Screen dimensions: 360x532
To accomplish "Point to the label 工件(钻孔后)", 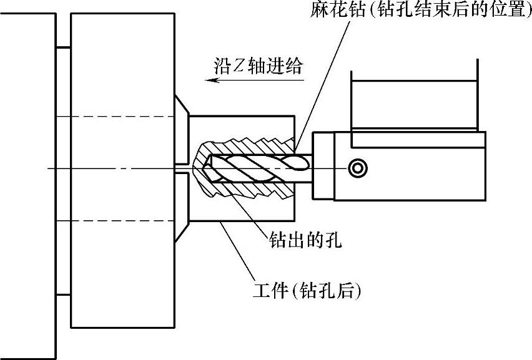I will pyautogui.click(x=308, y=290).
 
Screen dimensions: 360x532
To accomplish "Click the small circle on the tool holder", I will pyautogui.click(x=357, y=167).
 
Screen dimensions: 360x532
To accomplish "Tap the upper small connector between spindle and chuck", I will pyautogui.click(x=63, y=46).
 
